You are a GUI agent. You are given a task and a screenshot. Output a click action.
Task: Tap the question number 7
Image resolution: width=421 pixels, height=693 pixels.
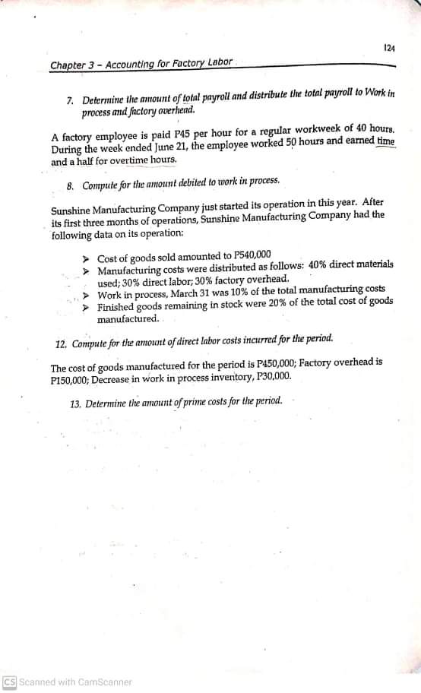tap(71, 101)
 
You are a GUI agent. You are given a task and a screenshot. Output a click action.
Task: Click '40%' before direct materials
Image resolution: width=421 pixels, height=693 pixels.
tap(298, 266)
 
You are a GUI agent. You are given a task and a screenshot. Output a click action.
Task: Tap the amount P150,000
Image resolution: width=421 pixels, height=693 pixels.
tap(71, 377)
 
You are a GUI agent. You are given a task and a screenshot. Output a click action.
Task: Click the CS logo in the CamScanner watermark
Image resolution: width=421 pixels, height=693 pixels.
tap(10, 682)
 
